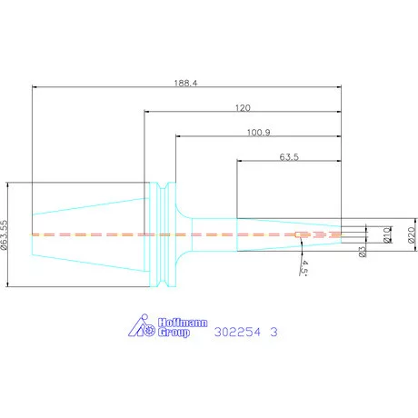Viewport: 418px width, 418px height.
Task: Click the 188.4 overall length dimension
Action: pos(185,83)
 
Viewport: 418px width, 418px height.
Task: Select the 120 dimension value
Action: pos(243,108)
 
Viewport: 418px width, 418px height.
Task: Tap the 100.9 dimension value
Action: pos(258,133)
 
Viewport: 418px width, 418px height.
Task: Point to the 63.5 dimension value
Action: pos(289,157)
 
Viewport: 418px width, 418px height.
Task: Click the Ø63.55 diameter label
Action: pos(5,234)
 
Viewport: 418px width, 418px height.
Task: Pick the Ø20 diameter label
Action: pos(412,234)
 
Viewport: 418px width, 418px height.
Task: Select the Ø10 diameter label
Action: pos(387,234)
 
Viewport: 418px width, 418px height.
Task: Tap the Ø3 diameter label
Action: pos(363,252)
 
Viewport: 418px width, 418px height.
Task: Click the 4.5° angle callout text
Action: pos(304,268)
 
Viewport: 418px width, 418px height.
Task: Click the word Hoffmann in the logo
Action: pos(183,323)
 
